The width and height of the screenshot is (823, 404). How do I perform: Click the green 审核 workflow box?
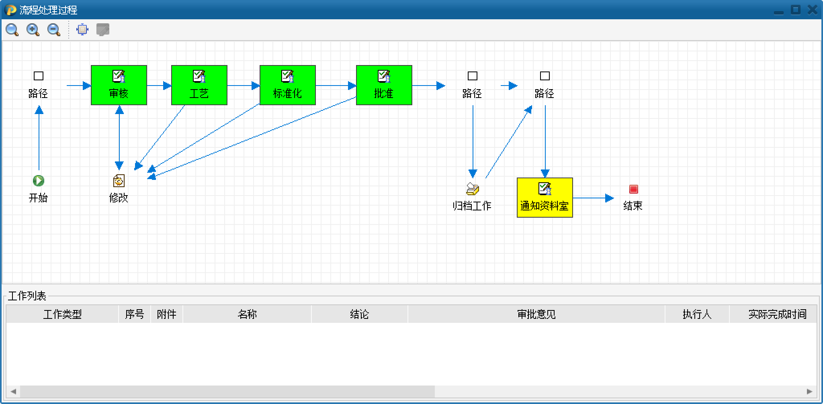pos(119,85)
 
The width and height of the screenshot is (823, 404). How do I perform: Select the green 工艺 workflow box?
pos(199,85)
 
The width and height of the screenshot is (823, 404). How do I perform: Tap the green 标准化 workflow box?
pos(287,85)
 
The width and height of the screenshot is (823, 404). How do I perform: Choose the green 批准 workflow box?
pos(384,85)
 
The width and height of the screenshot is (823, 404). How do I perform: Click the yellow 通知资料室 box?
pos(545,198)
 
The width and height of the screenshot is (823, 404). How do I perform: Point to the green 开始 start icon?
pos(39,181)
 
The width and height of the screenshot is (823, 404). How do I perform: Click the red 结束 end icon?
pos(633,189)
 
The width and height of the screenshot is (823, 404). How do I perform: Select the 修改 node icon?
pos(119,181)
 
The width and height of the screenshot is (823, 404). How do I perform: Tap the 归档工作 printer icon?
pos(473,188)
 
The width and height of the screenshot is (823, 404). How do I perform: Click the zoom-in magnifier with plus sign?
pos(33,30)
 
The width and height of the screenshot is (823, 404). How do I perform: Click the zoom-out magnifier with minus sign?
pos(53,30)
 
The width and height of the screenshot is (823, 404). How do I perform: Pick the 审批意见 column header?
pos(536,314)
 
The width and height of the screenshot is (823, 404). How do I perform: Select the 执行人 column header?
pos(697,314)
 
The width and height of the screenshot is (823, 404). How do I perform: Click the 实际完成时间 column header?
pos(777,314)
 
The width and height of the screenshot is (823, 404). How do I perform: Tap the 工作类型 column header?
pos(62,314)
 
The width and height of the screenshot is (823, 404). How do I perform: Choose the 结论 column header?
pos(359,314)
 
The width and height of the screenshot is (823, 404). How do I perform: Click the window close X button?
pos(812,10)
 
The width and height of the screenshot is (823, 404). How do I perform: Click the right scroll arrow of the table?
pos(809,391)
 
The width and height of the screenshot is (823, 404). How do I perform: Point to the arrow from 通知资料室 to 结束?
pos(593,198)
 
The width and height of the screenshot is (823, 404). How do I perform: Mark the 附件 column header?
pos(166,314)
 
